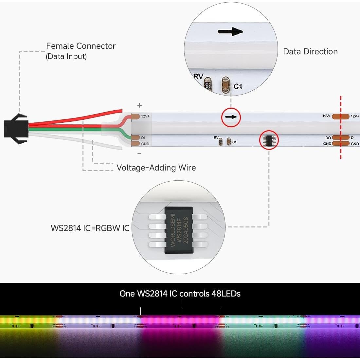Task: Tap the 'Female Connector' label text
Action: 81,46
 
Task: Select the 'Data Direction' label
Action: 310,52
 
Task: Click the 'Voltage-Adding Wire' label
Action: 156,168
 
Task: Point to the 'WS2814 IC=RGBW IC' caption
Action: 90,228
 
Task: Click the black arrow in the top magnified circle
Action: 230,32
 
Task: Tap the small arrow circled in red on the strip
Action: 231,117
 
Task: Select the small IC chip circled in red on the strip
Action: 269,140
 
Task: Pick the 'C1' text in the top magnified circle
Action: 238,86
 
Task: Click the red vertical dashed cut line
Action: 341,128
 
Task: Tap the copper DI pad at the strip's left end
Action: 135,137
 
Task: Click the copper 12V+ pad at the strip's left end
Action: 135,116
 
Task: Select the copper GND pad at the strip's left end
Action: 135,143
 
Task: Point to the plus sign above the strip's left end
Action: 139,105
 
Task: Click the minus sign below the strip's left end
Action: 139,153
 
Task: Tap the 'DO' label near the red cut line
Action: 328,138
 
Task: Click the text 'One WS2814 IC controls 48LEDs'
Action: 180,294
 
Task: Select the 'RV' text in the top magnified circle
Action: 198,77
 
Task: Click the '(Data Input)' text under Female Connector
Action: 66,56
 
